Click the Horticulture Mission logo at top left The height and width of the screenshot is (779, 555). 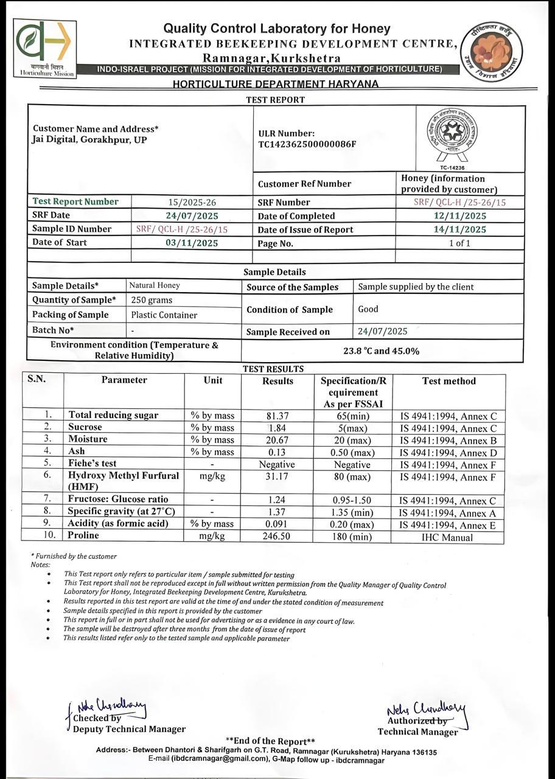(44, 49)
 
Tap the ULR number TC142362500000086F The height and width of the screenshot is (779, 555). (307, 144)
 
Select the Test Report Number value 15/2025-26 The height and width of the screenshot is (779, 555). (192, 202)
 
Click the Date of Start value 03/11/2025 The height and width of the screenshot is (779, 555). (192, 243)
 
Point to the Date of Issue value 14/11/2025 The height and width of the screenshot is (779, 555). (459, 229)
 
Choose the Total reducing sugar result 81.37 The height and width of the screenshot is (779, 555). (276, 416)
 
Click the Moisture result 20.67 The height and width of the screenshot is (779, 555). (276, 439)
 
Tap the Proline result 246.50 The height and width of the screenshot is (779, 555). (276, 536)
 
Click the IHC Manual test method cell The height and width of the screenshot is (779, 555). (448, 537)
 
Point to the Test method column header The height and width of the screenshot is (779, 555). (449, 381)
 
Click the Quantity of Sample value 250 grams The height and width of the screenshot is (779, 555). (152, 300)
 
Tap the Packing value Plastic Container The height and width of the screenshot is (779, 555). (164, 315)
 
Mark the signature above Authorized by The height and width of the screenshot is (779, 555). (426, 710)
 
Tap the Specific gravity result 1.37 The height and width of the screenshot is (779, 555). (276, 512)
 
